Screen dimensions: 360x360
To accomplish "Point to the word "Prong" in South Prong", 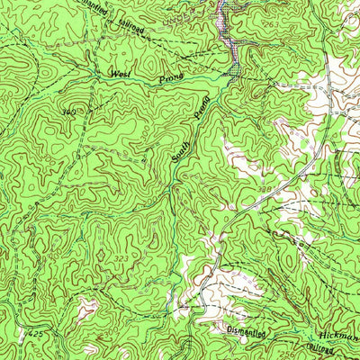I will tap(202, 109).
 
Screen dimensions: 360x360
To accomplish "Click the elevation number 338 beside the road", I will tap(267, 187).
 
